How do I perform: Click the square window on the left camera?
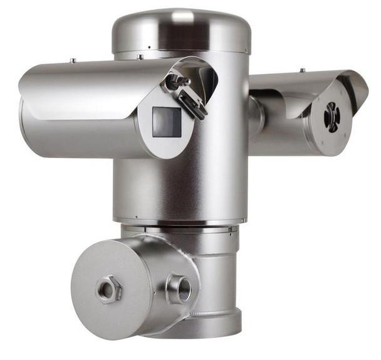[166, 122]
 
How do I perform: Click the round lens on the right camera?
[331, 116]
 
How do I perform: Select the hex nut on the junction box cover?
[110, 290]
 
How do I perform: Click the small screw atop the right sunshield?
[302, 70]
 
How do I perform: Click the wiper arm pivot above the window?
[173, 80]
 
